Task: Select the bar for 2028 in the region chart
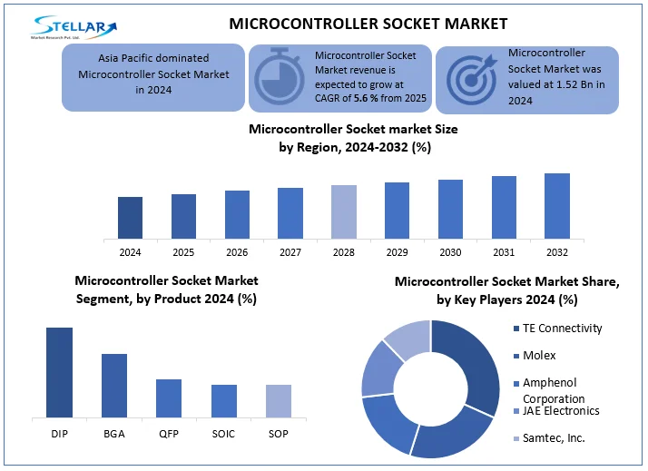[344, 211]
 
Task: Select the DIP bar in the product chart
[60, 372]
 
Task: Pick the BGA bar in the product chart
[114, 385]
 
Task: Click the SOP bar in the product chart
[279, 400]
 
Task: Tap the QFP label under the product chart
[169, 434]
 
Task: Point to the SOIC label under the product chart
[223, 434]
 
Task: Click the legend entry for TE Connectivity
[564, 329]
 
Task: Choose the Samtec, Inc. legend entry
[552, 437]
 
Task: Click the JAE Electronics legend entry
[560, 411]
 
